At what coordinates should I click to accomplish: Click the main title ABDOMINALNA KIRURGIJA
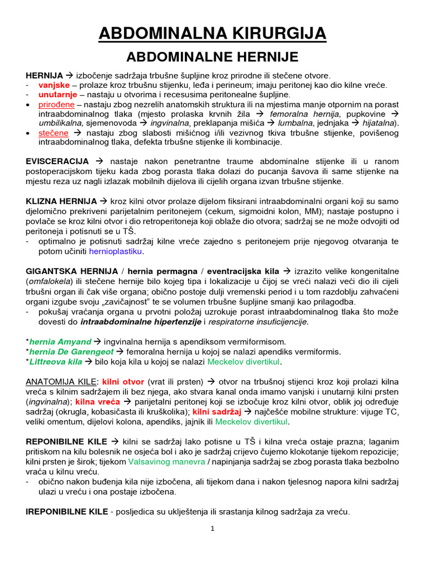click(212, 34)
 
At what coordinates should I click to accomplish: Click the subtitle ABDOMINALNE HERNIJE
click(212, 57)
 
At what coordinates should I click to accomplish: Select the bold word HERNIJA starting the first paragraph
click(44, 75)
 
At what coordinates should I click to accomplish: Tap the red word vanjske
click(54, 85)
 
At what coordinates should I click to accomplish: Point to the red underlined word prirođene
click(54, 104)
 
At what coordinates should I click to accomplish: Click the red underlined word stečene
click(53, 133)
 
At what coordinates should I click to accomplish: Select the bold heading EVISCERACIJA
click(58, 161)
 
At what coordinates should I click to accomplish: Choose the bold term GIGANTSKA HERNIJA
click(72, 271)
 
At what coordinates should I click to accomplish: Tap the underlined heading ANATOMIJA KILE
click(61, 382)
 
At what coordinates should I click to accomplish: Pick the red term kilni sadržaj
click(217, 411)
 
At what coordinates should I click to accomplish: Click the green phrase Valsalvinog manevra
click(165, 461)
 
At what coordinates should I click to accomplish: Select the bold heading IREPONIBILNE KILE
click(67, 512)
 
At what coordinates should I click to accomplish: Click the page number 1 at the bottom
click(212, 528)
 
